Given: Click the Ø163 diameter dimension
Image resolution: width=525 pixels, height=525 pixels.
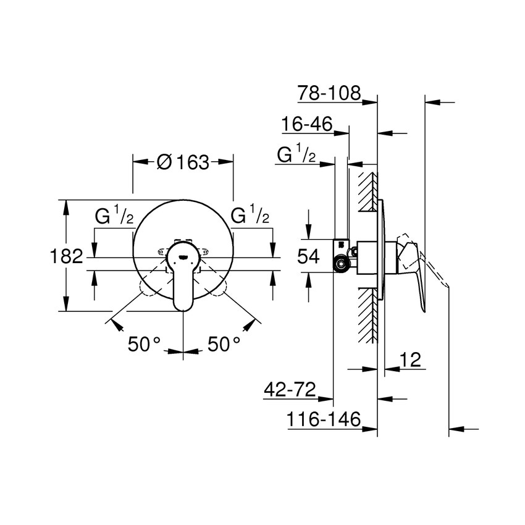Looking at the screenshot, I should coord(183,162).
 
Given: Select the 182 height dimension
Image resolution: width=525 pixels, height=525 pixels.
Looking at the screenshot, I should coord(67,256).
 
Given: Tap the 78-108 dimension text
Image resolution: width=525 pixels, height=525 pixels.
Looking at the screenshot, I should coord(329,93).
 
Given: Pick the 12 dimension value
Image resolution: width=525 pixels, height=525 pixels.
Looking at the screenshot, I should coord(410,360).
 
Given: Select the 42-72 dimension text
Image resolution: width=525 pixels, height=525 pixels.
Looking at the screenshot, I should coord(290,390).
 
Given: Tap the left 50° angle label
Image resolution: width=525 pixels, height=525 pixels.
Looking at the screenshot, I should coord(145,344).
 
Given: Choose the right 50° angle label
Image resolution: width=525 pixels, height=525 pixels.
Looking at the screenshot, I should coord(224,344).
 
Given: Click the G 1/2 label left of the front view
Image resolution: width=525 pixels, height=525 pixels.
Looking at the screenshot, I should coord(114,216).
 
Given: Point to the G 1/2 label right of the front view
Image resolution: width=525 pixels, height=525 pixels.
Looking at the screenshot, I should coord(250,216).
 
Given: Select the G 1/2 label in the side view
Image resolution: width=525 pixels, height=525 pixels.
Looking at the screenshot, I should coord(296,155).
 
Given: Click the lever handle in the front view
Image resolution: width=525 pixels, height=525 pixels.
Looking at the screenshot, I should coord(183,281).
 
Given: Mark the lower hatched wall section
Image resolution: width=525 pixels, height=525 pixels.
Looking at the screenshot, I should coord(367,315).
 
